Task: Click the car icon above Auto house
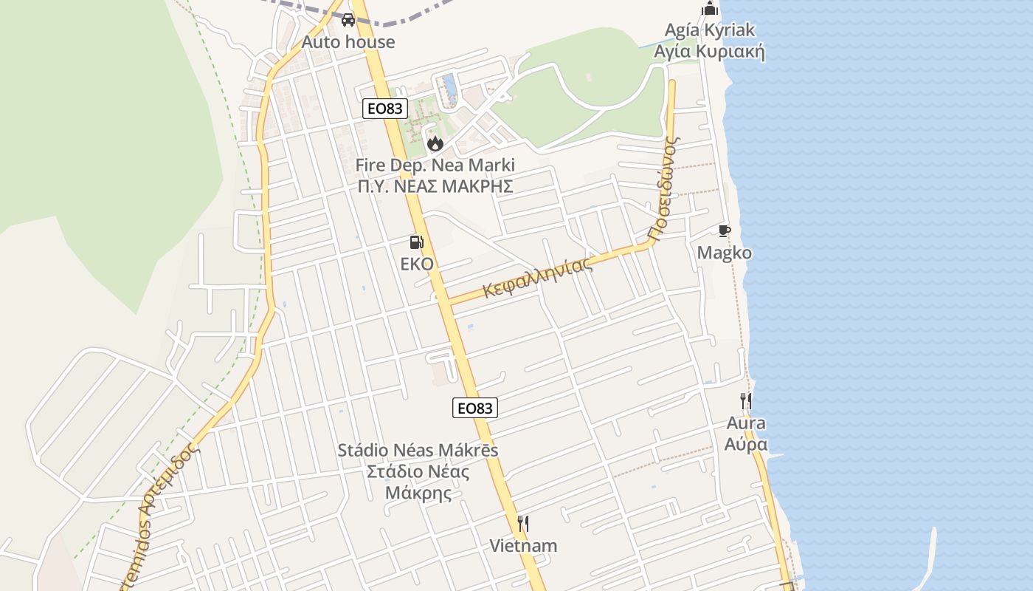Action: tap(348, 19)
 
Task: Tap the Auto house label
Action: tap(348, 42)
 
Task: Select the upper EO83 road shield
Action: tap(385, 109)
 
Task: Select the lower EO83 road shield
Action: tap(474, 408)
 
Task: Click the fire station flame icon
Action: tap(435, 143)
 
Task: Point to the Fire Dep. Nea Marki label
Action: tap(435, 165)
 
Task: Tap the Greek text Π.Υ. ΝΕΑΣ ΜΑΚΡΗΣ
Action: tap(435, 186)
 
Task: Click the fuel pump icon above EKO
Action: tap(416, 242)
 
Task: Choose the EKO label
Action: tap(417, 264)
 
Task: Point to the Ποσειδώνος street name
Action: tap(663, 188)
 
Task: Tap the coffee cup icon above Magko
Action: tap(725, 231)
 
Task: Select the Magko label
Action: tap(725, 253)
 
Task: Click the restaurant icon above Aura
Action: tap(746, 401)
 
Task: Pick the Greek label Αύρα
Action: tap(746, 444)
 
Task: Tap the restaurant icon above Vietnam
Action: tap(523, 524)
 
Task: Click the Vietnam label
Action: tap(523, 546)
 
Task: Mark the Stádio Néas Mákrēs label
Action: tap(418, 450)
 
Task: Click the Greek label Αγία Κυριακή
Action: tap(710, 52)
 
